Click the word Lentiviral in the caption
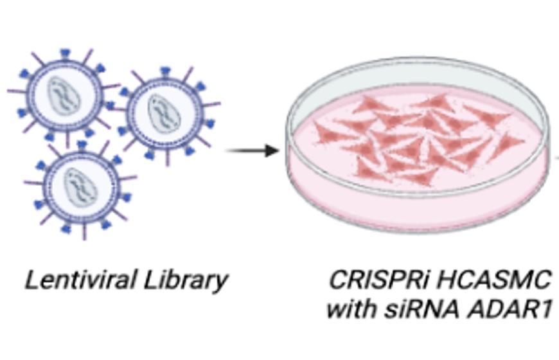71,280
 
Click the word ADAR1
508,309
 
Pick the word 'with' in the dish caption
351,309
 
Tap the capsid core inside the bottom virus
82,184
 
